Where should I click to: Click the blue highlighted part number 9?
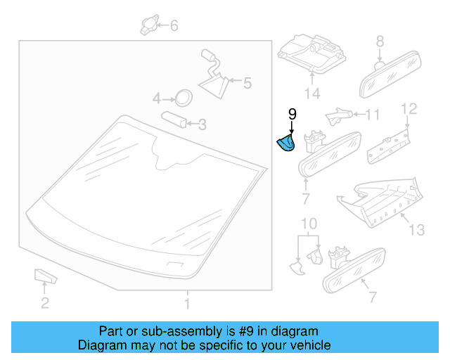(285, 143)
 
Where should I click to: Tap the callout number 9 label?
(292, 114)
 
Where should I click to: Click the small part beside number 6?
(148, 25)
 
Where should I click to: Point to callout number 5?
(247, 84)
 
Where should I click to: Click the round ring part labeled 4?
(183, 97)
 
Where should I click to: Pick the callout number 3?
(202, 124)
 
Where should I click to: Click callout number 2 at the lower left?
(44, 304)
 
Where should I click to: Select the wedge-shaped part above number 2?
(44, 275)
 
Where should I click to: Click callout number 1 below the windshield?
(187, 304)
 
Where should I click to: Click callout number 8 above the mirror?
(380, 41)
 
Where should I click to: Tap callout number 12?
(409, 108)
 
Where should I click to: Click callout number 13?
(418, 229)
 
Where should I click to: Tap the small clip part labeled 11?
(340, 112)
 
